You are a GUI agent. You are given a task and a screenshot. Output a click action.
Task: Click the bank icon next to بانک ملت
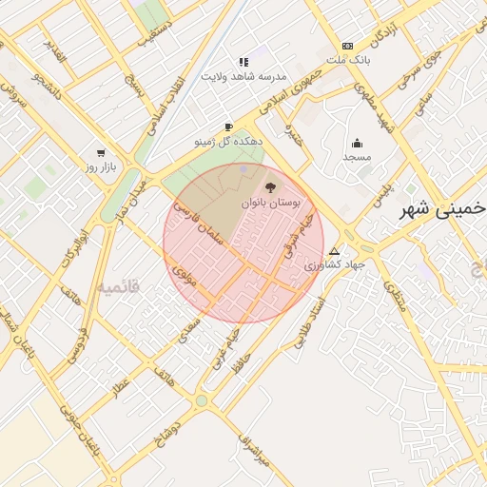[x=347, y=46]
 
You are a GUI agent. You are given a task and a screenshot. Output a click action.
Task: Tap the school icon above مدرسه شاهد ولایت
[x=243, y=62]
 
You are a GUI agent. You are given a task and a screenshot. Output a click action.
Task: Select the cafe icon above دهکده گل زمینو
[x=228, y=127]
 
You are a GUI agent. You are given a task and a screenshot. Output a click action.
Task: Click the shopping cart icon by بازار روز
[x=101, y=152]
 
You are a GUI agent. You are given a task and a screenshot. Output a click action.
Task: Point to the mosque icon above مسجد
[x=357, y=144]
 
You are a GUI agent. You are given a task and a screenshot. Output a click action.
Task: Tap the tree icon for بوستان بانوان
[x=269, y=188]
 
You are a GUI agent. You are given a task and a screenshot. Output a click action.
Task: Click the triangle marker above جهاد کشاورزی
[x=334, y=251]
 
